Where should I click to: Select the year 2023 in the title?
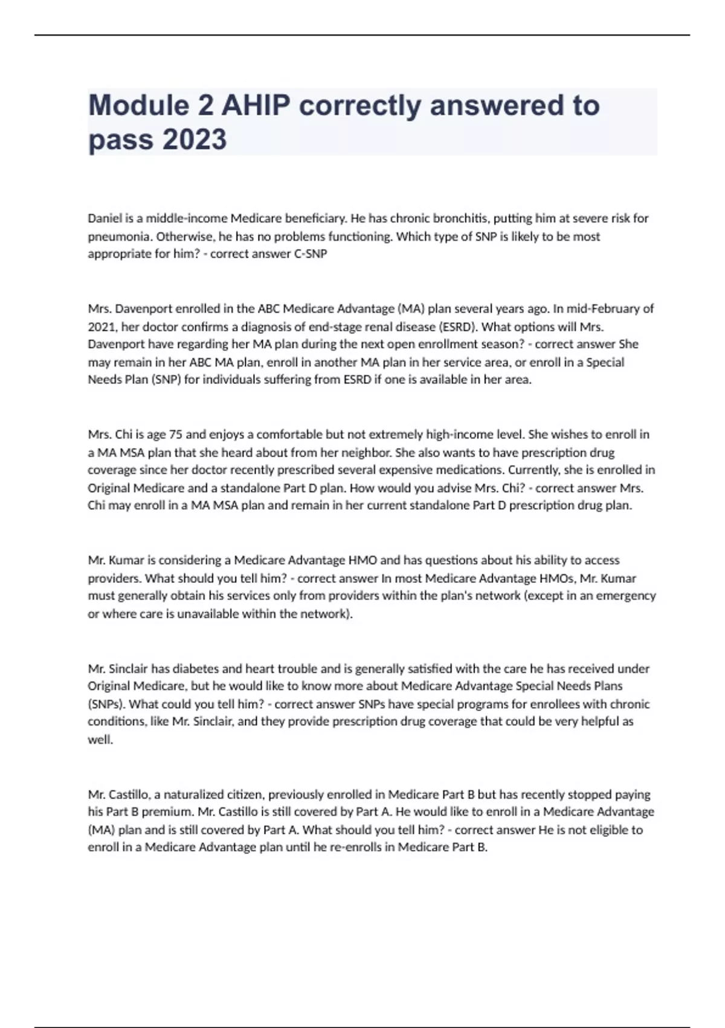point(194,140)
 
